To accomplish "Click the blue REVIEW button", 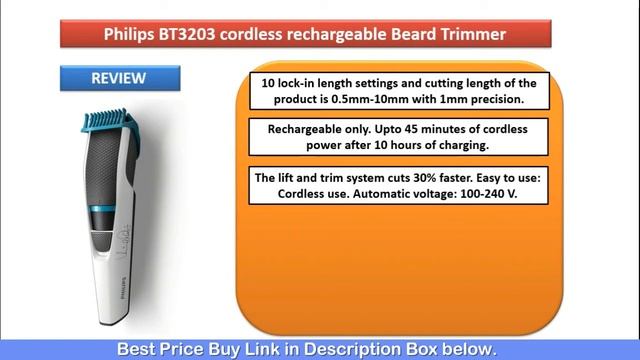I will [118, 78].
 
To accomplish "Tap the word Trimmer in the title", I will [472, 35].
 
